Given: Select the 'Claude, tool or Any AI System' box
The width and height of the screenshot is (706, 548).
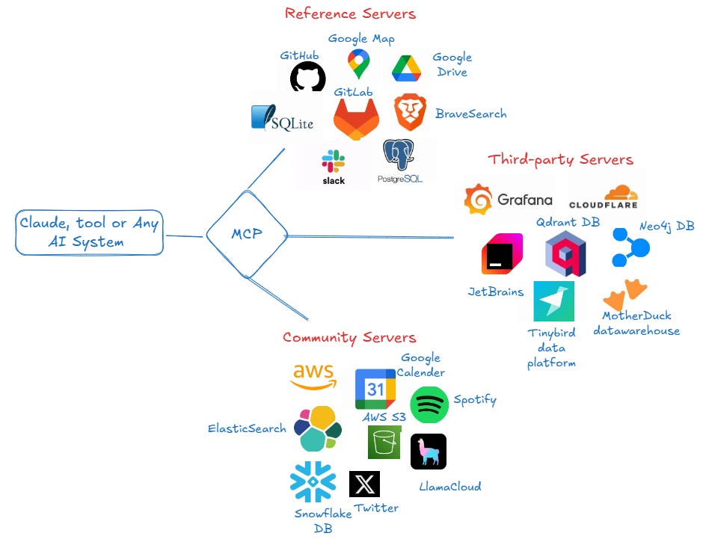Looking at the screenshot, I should tap(89, 233).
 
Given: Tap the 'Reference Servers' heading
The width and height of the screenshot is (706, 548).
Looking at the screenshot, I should tap(350, 13).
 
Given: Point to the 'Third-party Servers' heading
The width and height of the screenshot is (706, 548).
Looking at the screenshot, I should tap(560, 159).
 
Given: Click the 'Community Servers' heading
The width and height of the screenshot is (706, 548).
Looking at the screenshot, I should tap(349, 337).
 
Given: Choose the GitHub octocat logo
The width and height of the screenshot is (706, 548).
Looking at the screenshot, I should tap(307, 77).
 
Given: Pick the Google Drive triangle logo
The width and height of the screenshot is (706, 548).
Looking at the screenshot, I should tap(407, 69).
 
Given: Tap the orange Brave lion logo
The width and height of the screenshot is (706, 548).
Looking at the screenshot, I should tap(410, 113).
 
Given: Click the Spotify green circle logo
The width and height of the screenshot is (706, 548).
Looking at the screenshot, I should tap(429, 405).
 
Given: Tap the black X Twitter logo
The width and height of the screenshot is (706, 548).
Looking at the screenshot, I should tap(364, 484).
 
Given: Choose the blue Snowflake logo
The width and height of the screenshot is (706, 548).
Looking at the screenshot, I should tap(313, 481).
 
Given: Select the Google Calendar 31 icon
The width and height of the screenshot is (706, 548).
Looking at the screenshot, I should tap(375, 389).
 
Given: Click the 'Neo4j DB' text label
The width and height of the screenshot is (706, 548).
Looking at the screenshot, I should tap(667, 226).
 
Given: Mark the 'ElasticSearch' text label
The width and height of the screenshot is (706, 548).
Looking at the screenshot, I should tap(247, 428).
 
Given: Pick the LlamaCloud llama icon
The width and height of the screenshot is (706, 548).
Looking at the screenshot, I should tap(429, 452).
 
